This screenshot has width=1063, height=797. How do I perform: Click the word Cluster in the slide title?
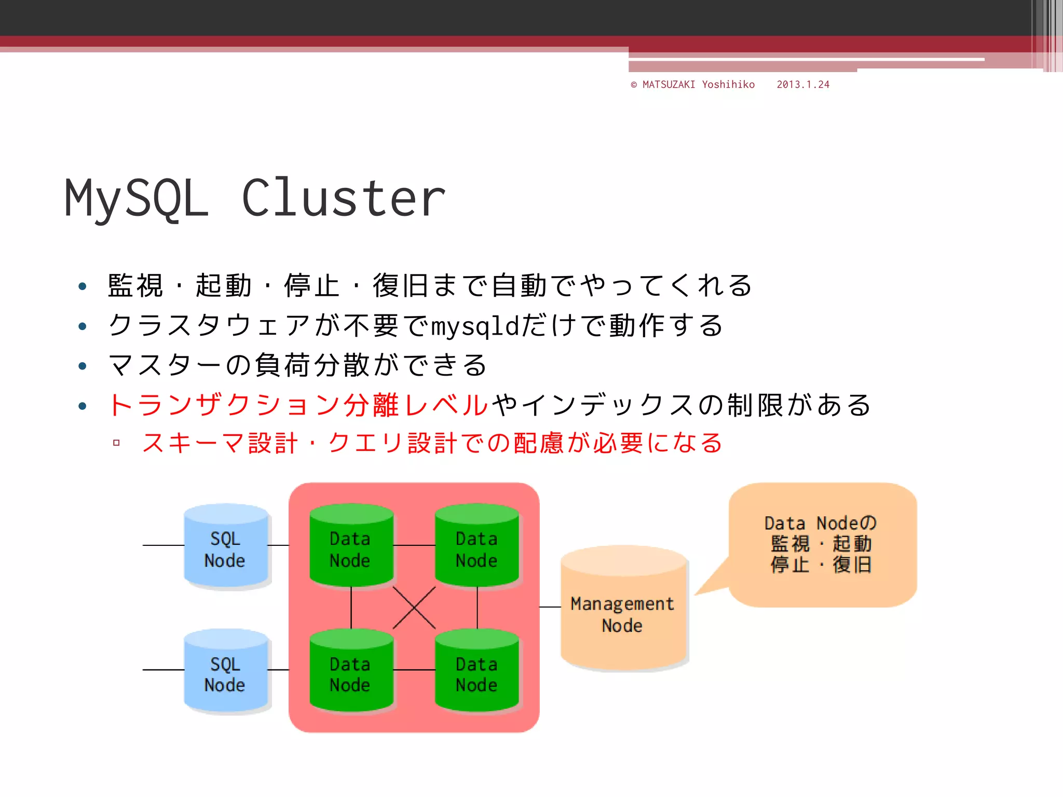pyautogui.click(x=344, y=198)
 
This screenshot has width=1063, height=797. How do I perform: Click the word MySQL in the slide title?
pyautogui.click(x=137, y=198)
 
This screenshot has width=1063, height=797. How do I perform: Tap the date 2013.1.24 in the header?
pyautogui.click(x=803, y=85)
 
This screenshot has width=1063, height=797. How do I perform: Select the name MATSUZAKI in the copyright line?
pyautogui.click(x=669, y=85)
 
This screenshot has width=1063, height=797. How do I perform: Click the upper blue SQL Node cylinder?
pyautogui.click(x=226, y=547)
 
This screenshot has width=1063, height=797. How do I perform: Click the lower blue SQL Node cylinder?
pyautogui.click(x=226, y=672)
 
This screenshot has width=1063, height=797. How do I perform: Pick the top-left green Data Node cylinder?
pyautogui.click(x=351, y=547)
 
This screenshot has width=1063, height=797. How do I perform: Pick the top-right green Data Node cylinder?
pyautogui.click(x=476, y=547)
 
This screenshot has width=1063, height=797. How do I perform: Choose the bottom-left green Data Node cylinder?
pyautogui.click(x=351, y=672)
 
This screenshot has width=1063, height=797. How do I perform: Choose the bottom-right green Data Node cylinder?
pyautogui.click(x=476, y=672)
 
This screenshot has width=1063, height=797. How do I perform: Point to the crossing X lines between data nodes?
pyautogui.click(x=414, y=608)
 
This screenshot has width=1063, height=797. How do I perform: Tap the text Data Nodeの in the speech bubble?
pyautogui.click(x=821, y=523)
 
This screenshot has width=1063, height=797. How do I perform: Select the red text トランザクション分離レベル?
pyautogui.click(x=298, y=405)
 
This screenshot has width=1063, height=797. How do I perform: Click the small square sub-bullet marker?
pyautogui.click(x=116, y=443)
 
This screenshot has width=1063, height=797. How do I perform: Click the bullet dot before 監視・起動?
pyautogui.click(x=82, y=286)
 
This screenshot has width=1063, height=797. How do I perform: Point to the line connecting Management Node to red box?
pyautogui.click(x=550, y=607)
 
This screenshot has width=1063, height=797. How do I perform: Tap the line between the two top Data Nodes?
pyautogui.click(x=414, y=545)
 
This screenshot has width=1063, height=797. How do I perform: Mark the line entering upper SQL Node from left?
pyautogui.click(x=163, y=545)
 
